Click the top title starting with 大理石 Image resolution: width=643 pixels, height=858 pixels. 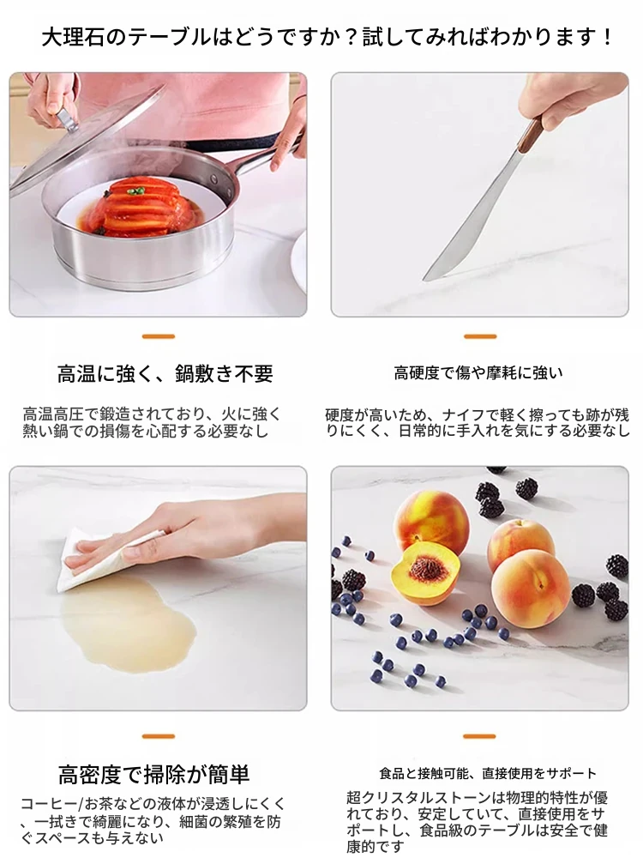[327, 37]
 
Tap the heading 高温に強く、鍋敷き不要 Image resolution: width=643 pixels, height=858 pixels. [165, 374]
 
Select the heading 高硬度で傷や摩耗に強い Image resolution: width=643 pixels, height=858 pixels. [478, 373]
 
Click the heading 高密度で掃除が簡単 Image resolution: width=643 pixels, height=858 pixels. [153, 774]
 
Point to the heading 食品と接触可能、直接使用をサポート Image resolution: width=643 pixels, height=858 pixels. [488, 773]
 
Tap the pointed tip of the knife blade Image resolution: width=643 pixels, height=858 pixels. [424, 280]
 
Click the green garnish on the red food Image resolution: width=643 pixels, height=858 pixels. [135, 191]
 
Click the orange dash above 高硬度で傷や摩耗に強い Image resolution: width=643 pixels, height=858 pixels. [480, 336]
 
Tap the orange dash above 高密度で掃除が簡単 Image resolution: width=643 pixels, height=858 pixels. [159, 736]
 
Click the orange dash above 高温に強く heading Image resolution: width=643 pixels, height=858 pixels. [159, 336]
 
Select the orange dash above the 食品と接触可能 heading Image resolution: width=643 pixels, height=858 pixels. [480, 736]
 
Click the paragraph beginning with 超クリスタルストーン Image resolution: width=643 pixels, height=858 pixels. [477, 822]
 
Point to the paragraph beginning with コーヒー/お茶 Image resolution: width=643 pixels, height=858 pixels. [153, 821]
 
